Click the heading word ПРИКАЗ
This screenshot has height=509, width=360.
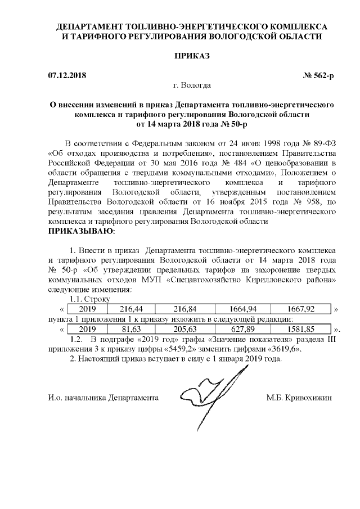[192, 56]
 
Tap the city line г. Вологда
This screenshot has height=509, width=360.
[192, 85]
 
